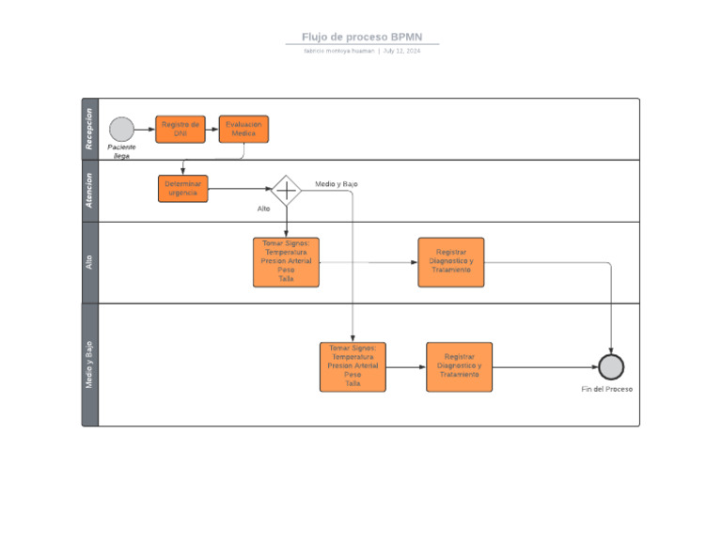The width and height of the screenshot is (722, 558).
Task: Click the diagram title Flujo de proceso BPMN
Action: click(x=362, y=38)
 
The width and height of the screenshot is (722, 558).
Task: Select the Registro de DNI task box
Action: click(x=180, y=129)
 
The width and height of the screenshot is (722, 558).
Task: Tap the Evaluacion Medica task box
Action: click(x=244, y=129)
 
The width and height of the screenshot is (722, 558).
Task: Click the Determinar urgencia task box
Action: click(x=182, y=189)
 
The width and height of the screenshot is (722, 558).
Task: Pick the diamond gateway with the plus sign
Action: click(x=286, y=190)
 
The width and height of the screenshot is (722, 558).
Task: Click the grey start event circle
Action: click(x=122, y=130)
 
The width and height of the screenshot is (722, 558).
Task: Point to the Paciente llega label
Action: click(x=122, y=151)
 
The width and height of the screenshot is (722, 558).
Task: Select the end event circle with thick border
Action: click(x=611, y=367)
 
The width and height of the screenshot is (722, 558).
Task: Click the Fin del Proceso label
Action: click(x=607, y=389)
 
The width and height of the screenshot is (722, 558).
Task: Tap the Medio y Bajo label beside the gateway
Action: click(x=336, y=184)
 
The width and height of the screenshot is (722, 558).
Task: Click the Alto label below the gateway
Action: click(x=263, y=209)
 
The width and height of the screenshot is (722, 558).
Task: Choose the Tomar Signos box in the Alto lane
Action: click(x=286, y=262)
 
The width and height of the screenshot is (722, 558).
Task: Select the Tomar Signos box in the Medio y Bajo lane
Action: click(x=353, y=366)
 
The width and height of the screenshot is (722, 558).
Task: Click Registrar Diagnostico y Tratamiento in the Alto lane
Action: click(x=451, y=262)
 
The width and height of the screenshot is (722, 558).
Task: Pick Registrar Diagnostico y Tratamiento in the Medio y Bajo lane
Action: click(x=459, y=366)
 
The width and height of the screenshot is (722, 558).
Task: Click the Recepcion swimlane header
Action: click(x=89, y=129)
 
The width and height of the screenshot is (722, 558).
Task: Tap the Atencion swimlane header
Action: click(x=89, y=191)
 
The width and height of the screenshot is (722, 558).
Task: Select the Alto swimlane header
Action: click(x=89, y=262)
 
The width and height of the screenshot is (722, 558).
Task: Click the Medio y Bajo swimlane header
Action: click(x=89, y=364)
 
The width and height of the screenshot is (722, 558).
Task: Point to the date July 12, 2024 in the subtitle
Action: click(x=401, y=51)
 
